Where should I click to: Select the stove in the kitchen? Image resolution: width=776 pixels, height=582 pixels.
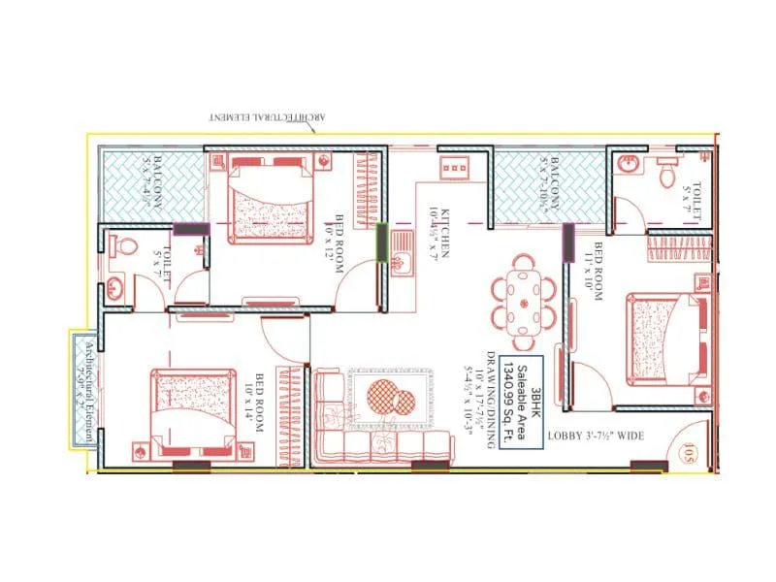[x=453, y=168]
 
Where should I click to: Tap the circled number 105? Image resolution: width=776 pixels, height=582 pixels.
[x=687, y=450]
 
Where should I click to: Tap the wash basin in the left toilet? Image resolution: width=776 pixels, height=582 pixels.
[x=115, y=288]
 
